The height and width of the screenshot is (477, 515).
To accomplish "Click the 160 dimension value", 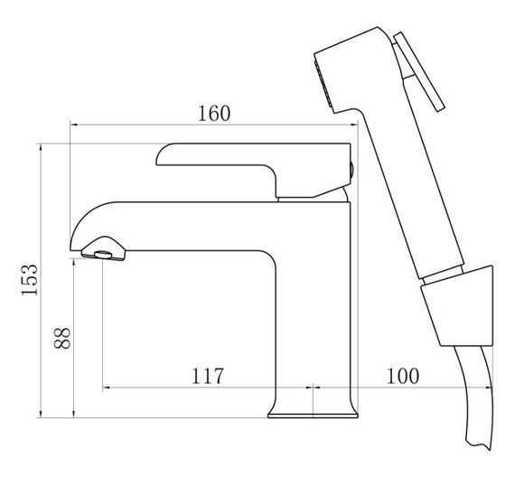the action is click(x=214, y=113).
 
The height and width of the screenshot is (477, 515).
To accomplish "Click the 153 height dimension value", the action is click(x=30, y=280).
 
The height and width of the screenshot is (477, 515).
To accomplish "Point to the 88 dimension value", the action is click(x=62, y=338).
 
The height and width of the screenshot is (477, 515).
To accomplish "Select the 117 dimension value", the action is click(x=207, y=376).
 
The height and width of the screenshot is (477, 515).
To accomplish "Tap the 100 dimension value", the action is click(x=403, y=376).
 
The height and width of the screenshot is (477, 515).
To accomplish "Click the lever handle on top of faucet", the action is click(x=253, y=170).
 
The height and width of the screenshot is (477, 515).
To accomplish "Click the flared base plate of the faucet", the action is click(x=313, y=416).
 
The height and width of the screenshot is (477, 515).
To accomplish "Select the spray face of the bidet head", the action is click(x=323, y=83).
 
